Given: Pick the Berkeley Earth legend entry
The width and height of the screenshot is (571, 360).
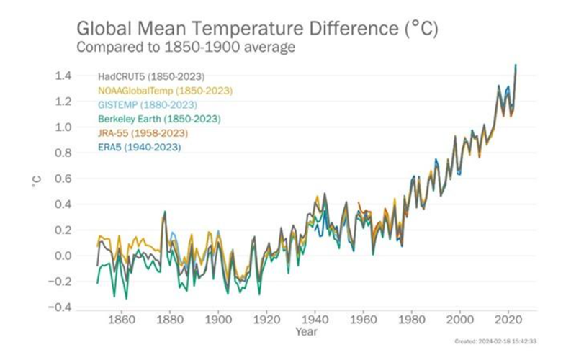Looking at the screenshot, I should click(x=159, y=119).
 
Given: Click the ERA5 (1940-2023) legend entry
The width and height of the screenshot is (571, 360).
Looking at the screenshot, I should click(x=139, y=148).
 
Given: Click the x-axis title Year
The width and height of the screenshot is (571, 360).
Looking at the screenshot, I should click(x=305, y=332).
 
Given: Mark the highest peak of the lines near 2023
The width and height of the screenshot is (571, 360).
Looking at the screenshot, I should click(x=516, y=66).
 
